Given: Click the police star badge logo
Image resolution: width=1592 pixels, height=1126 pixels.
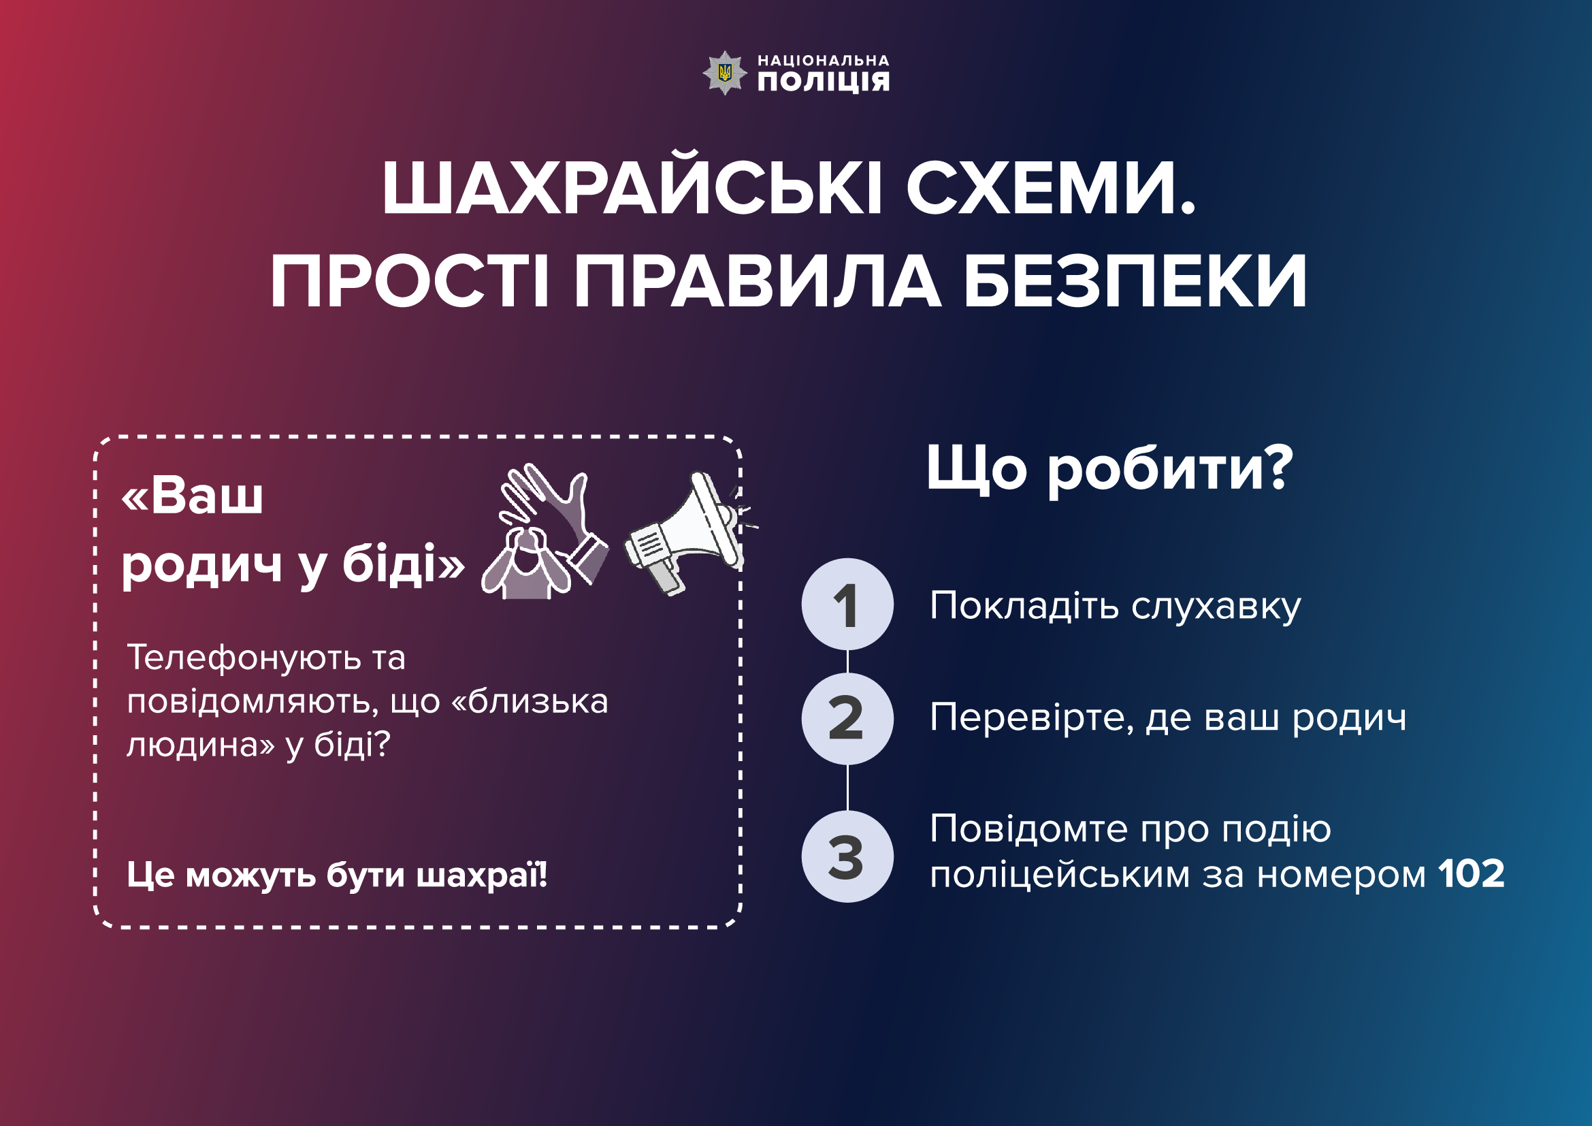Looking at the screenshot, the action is pyautogui.click(x=725, y=72).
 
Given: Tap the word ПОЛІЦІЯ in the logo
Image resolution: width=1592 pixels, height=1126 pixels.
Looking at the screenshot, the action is pyautogui.click(x=823, y=82).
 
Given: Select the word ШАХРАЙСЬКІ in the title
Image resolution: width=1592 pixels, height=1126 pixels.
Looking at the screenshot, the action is pyautogui.click(x=632, y=189).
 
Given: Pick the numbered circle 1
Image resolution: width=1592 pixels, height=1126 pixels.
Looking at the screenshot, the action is pyautogui.click(x=847, y=604).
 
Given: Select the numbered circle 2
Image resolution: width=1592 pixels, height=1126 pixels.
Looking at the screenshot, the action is pyautogui.click(x=847, y=718).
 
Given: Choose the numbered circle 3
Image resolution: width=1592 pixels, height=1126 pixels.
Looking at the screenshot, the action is pyautogui.click(x=847, y=856).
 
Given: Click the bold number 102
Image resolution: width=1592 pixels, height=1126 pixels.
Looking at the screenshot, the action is pyautogui.click(x=1472, y=873).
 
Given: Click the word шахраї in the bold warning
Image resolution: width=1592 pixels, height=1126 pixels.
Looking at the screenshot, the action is pyautogui.click(x=481, y=875).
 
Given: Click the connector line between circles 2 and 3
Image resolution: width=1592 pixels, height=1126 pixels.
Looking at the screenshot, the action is pyautogui.click(x=847, y=788).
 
